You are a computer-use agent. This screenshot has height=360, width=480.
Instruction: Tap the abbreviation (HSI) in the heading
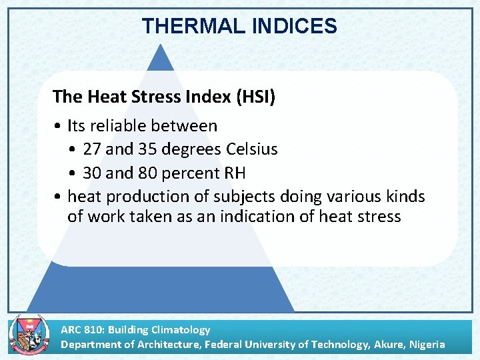pos(255,97)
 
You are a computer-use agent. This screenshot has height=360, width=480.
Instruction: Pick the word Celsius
pos(252,149)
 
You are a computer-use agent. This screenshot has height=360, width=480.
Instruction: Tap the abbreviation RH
pos(234,173)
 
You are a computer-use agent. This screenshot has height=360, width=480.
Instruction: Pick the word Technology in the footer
pos(335,345)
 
